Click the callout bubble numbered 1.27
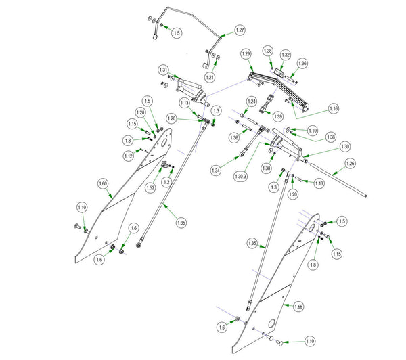click(240, 31)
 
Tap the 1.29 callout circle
click(246, 53)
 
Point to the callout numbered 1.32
click(286, 54)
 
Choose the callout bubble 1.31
click(163, 70)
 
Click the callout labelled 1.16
click(334, 108)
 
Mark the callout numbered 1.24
click(251, 102)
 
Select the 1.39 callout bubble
click(278, 116)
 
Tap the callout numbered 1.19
click(312, 130)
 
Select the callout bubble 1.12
click(129, 156)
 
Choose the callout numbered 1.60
click(104, 183)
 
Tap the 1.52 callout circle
click(150, 187)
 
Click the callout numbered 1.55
click(298, 307)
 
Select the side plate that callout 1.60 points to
click(122, 203)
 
